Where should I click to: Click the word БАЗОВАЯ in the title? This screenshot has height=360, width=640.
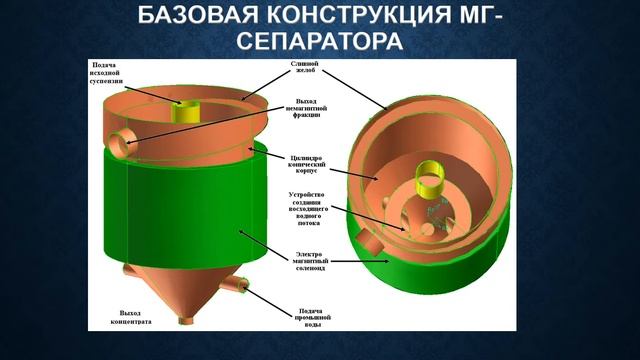click(184, 16)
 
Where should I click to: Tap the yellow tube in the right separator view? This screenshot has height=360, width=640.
click(433, 179)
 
